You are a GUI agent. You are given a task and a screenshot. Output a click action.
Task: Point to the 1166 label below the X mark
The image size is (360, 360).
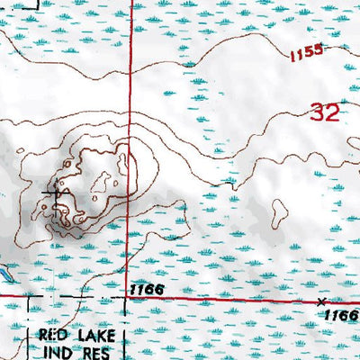[x=341, y=314]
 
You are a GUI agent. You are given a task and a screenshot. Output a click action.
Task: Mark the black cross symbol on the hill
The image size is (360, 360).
[x=56, y=191]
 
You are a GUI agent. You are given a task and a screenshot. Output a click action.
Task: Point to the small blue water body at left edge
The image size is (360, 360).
[x=4, y=270]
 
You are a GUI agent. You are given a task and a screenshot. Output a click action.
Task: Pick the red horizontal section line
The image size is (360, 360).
[x=225, y=297]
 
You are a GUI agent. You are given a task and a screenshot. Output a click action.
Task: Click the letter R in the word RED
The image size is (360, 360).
[x=43, y=334]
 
